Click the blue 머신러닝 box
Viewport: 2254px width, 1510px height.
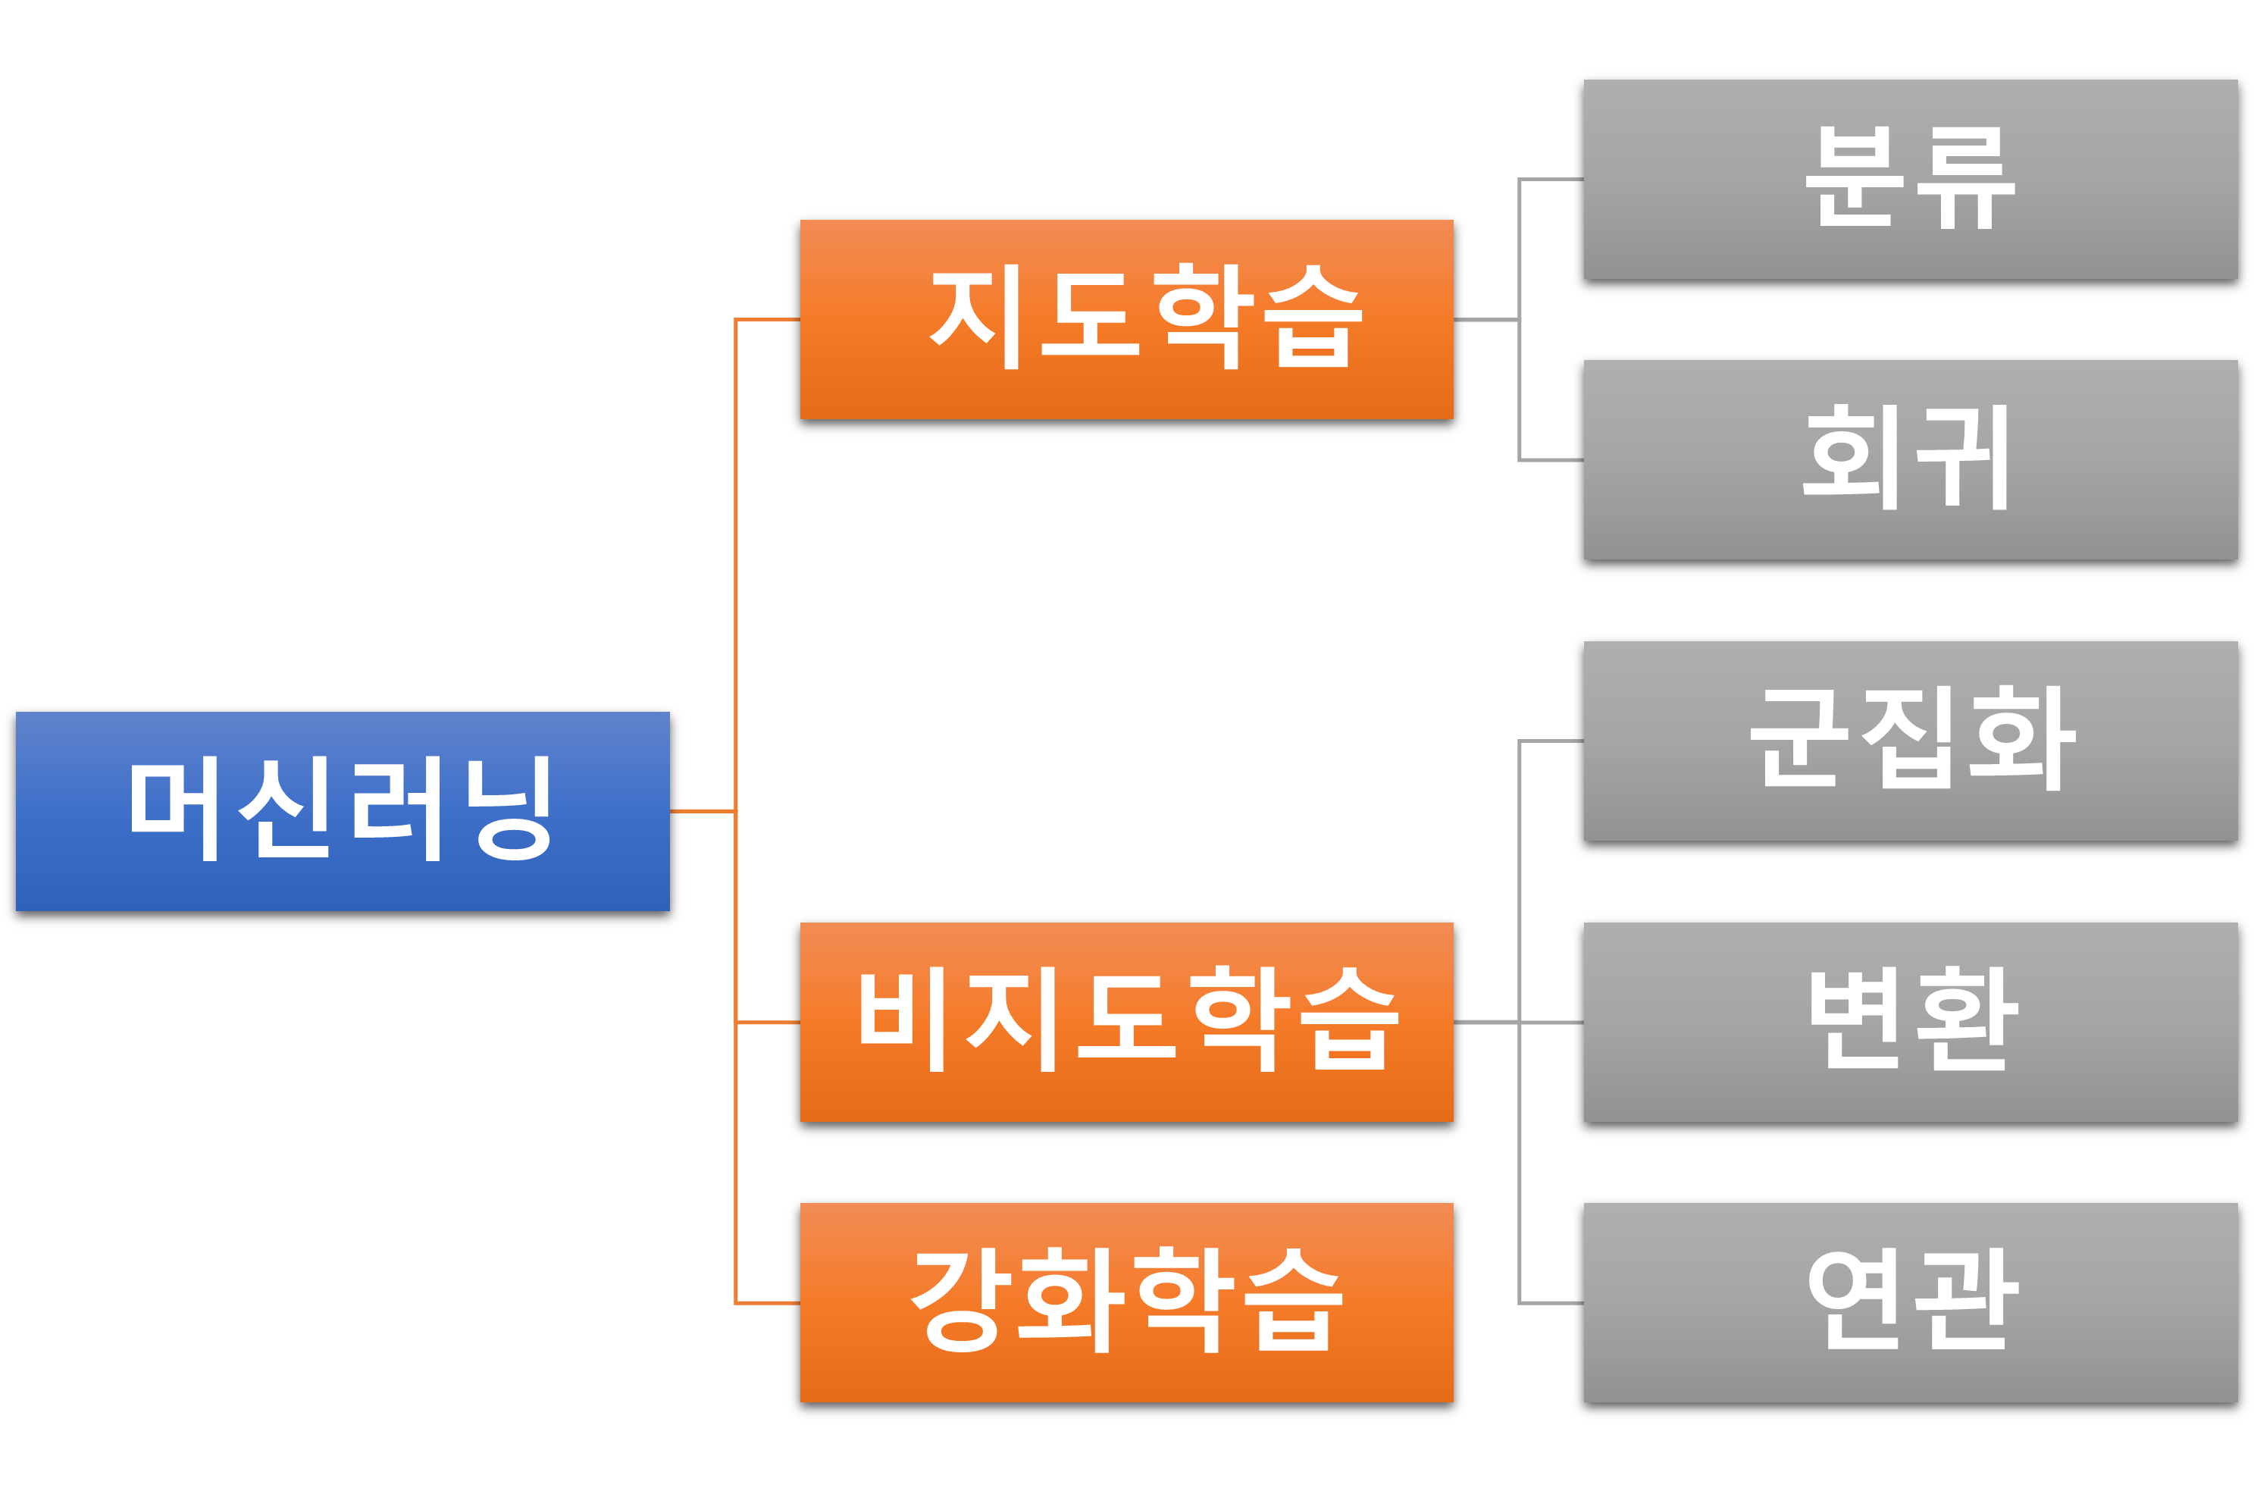pos(342,811)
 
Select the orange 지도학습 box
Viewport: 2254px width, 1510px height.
pos(1125,319)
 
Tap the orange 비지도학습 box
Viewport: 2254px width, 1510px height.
pos(1125,1022)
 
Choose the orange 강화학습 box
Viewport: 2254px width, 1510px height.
pos(1125,1302)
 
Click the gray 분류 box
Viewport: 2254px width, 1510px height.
pos(1909,179)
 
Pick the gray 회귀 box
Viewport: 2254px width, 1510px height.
pos(1909,459)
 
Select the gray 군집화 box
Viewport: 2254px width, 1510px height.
pos(1909,741)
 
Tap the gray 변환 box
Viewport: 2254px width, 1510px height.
pos(1909,1022)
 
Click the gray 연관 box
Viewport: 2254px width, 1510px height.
pos(1909,1302)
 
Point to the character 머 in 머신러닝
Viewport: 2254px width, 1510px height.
pos(176,809)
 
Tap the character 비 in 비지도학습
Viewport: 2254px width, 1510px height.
pos(902,1021)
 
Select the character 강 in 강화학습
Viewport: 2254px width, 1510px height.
pos(961,1300)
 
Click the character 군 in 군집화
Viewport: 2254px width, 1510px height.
pos(1799,738)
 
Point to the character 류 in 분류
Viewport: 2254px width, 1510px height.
pos(1964,179)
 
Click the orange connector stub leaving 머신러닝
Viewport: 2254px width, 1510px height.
pos(702,811)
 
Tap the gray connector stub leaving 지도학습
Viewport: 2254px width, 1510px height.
pos(1485,320)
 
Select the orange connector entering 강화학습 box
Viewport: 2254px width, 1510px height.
pos(768,1303)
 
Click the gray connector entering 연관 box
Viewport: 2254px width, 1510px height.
pos(1551,1303)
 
